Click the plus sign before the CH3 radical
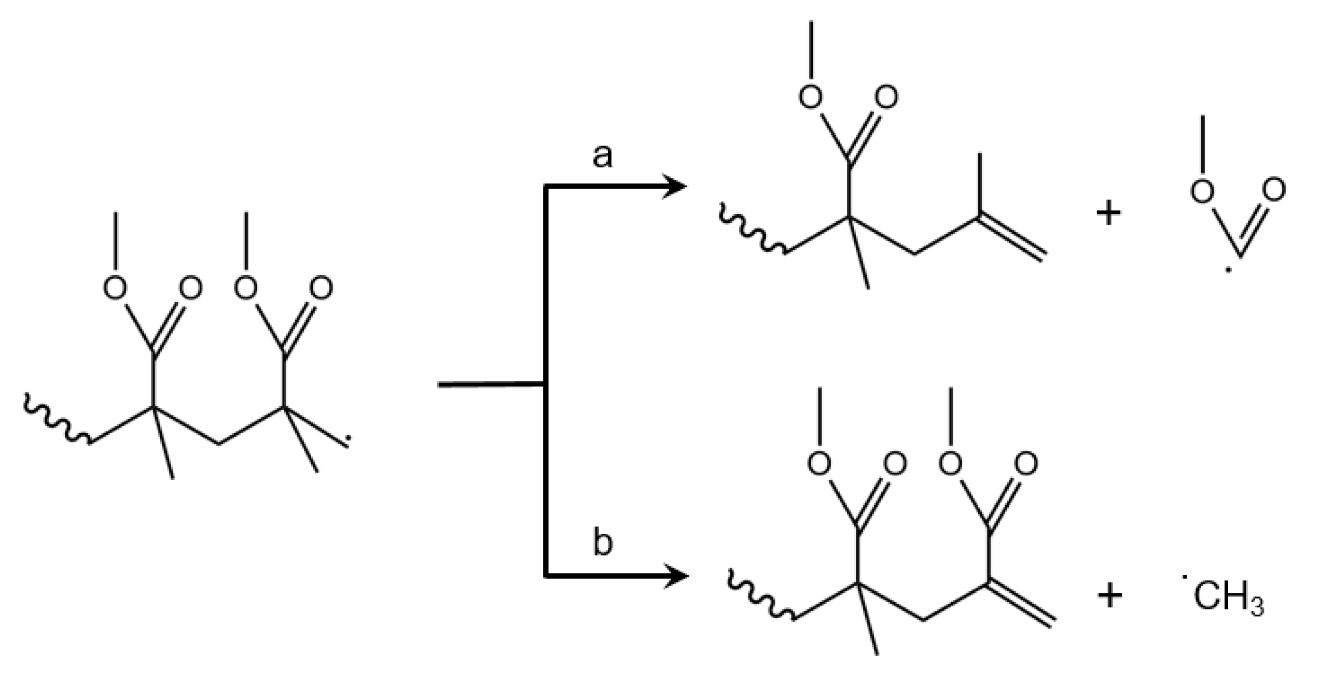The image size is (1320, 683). (1109, 596)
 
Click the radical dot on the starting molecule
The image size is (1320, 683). (348, 438)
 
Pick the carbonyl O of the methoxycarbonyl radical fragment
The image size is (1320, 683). (1274, 190)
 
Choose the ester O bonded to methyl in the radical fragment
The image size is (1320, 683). (1202, 191)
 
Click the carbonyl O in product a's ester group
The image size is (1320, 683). (886, 97)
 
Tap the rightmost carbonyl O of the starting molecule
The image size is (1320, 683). (321, 288)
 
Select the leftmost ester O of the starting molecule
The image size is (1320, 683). (115, 288)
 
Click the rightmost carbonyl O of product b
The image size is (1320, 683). (1026, 463)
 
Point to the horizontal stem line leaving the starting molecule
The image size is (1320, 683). (490, 384)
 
